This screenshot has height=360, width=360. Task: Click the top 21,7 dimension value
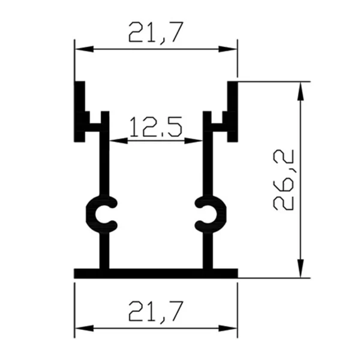[155, 31]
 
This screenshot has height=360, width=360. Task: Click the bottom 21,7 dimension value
[155, 311]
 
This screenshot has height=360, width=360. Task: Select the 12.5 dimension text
[155, 127]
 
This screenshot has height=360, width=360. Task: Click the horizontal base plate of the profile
[155, 274]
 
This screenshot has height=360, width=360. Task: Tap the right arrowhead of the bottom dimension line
[230, 328]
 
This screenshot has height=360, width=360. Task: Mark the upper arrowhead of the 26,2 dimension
[301, 87]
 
